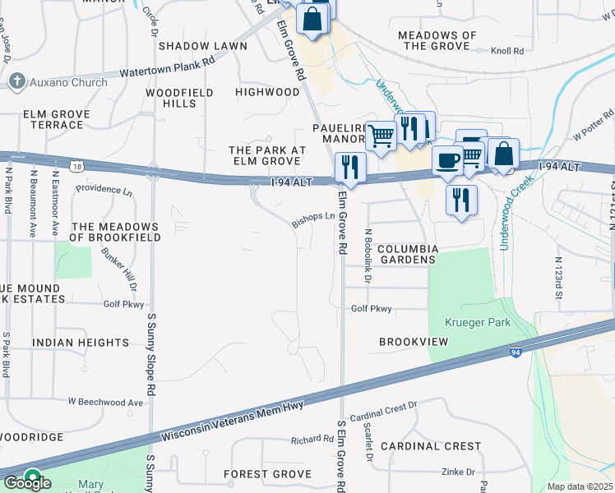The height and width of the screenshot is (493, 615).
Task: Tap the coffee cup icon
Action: tap(446, 161)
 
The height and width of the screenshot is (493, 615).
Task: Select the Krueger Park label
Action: tap(477, 322)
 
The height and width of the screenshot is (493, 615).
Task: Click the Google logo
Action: tap(26, 482)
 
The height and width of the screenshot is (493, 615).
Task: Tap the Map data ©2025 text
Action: tap(580, 486)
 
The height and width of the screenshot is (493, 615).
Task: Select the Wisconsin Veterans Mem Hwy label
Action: tap(234, 420)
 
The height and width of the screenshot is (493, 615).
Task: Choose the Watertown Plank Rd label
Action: tap(167, 67)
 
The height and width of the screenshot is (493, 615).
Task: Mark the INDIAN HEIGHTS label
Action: tap(81, 342)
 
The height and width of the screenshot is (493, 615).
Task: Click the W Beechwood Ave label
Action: tap(105, 402)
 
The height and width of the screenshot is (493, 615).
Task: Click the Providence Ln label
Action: tap(104, 191)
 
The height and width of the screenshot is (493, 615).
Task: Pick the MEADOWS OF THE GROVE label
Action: tap(437, 40)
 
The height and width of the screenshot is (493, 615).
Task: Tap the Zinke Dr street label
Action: tap(458, 472)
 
